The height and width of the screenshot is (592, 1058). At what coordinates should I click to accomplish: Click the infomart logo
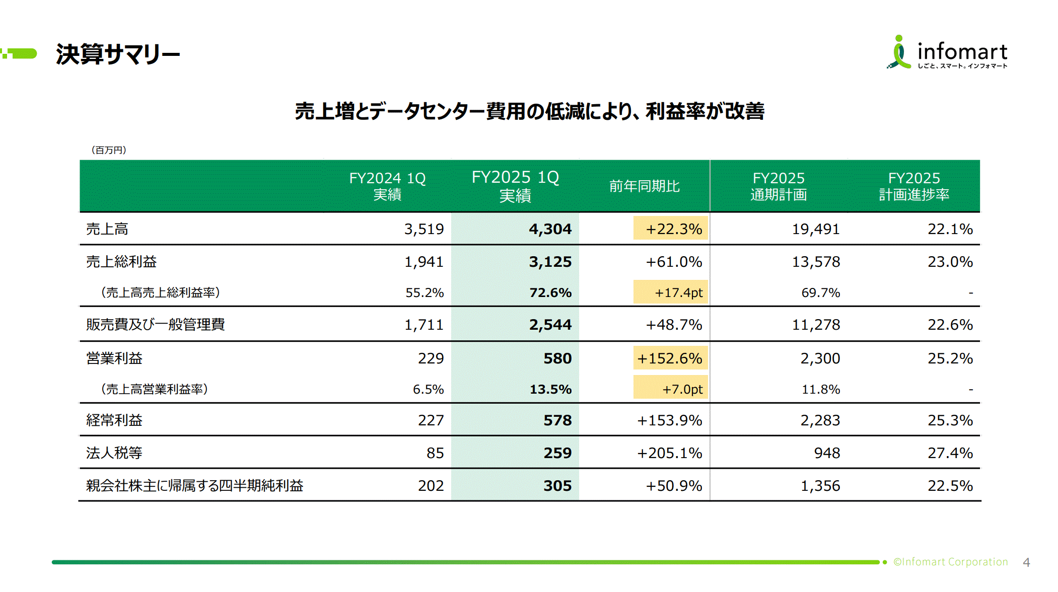[947, 53]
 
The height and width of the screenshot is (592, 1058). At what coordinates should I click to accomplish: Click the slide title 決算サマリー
[118, 54]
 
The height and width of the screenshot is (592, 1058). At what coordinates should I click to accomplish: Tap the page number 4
[1026, 562]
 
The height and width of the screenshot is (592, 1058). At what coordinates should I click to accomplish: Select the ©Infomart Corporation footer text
[950, 562]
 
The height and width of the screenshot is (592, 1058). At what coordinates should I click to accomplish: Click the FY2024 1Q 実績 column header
[387, 186]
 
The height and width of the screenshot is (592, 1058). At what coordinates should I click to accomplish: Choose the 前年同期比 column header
[644, 186]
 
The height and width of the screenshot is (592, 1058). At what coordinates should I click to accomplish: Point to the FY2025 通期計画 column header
[779, 186]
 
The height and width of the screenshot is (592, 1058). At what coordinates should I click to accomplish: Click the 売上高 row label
[107, 229]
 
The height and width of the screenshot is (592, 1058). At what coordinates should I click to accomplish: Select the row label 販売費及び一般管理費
[155, 325]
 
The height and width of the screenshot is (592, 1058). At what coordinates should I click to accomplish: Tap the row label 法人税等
[114, 453]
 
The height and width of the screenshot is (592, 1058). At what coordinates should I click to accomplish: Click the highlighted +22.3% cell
[671, 229]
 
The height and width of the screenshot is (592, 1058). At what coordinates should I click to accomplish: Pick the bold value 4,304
[550, 229]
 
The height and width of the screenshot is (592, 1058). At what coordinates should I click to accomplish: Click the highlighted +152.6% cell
[670, 358]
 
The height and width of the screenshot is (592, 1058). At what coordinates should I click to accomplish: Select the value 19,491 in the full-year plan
[816, 229]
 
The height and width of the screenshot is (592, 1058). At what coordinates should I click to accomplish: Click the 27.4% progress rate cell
[950, 453]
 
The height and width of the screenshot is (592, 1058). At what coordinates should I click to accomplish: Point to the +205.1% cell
[669, 453]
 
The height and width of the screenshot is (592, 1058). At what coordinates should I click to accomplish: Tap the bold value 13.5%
[550, 389]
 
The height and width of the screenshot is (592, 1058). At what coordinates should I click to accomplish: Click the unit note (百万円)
[109, 150]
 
